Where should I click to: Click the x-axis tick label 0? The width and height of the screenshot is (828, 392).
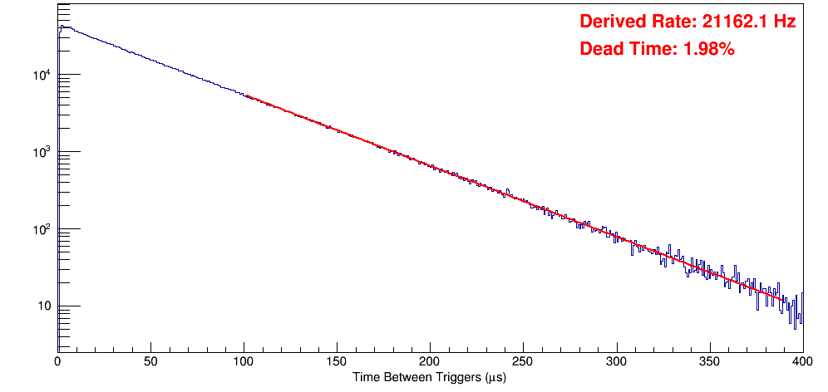(57, 361)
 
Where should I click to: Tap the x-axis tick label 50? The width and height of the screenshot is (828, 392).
(150, 361)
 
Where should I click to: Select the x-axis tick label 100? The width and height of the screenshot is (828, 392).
(244, 361)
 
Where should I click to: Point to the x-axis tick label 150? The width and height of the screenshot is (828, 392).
(337, 361)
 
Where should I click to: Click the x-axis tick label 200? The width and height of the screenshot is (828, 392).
(430, 361)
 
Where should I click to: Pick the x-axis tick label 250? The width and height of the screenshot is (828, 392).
(523, 361)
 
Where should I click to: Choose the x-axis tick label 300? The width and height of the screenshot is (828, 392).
(616, 361)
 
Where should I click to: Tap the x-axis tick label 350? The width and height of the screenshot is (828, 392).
(709, 361)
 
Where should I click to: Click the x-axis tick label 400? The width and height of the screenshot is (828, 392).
(801, 361)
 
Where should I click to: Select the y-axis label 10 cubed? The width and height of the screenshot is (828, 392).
(40, 153)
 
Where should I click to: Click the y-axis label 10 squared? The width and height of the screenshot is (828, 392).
(40, 230)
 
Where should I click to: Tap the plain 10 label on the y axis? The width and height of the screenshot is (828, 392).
(43, 307)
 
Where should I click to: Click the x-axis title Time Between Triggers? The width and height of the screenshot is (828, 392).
(429, 378)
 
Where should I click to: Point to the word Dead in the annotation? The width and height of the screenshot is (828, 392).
(599, 50)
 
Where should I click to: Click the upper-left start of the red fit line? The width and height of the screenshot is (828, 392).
(246, 96)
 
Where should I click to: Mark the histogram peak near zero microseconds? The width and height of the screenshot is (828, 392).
(62, 26)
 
